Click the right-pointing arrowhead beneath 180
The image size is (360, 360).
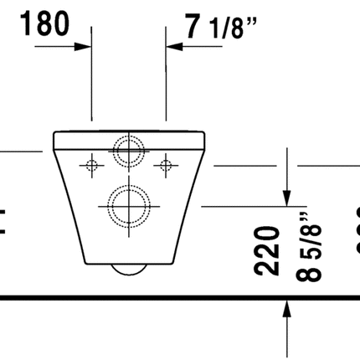84,47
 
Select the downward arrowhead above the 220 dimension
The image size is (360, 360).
287,196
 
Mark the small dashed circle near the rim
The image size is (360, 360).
128,152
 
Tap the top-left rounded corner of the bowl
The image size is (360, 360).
55,134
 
